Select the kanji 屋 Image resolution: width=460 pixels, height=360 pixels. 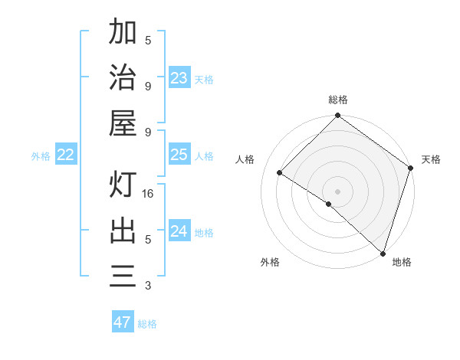point(123,122)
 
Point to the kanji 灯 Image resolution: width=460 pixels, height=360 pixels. point(123,185)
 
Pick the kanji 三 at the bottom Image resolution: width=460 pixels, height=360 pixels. point(123,276)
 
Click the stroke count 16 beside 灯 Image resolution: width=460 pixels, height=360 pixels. point(149,194)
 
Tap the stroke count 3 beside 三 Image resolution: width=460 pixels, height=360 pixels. point(148,286)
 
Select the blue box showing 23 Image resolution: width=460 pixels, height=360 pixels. point(179,77)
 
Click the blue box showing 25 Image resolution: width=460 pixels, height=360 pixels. point(179,155)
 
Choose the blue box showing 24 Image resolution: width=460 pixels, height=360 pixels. point(179,231)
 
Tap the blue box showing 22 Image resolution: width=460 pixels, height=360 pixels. point(66,155)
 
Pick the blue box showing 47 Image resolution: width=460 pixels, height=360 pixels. point(122,322)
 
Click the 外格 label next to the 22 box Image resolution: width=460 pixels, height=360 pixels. point(41,156)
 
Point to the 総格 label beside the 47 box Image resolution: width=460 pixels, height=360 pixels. point(147,324)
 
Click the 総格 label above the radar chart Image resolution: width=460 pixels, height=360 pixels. point(338,100)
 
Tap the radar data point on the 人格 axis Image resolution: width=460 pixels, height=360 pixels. point(280,173)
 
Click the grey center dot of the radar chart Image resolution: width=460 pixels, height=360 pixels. point(337,191)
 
